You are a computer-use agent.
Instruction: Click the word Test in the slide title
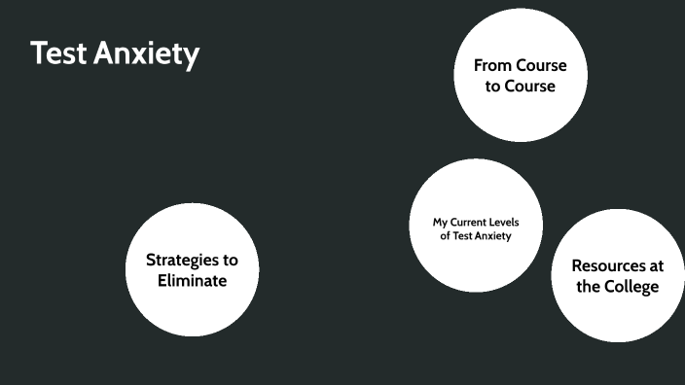click(x=58, y=52)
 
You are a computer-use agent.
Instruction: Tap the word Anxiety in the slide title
click(x=146, y=54)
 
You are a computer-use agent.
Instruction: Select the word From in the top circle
click(x=492, y=65)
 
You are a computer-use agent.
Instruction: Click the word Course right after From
click(x=542, y=65)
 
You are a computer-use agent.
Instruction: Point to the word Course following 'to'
click(x=530, y=86)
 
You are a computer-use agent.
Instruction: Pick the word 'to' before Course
click(x=492, y=87)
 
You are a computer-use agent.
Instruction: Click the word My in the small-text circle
click(x=440, y=223)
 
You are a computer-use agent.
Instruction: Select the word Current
click(x=468, y=223)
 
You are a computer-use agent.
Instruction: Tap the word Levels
click(x=504, y=223)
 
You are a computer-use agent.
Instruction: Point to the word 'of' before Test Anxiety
click(x=445, y=235)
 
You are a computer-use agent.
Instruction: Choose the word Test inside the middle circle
click(x=461, y=235)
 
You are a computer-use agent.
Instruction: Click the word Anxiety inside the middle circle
click(x=492, y=236)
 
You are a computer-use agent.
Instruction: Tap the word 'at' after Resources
click(x=653, y=266)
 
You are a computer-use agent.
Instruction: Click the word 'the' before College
click(x=587, y=287)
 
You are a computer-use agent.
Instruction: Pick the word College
click(x=631, y=287)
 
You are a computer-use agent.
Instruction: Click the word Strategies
click(x=182, y=261)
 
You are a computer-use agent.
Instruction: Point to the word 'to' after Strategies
click(x=231, y=261)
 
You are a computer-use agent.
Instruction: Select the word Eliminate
click(x=193, y=281)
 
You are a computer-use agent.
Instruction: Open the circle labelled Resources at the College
click(x=618, y=276)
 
